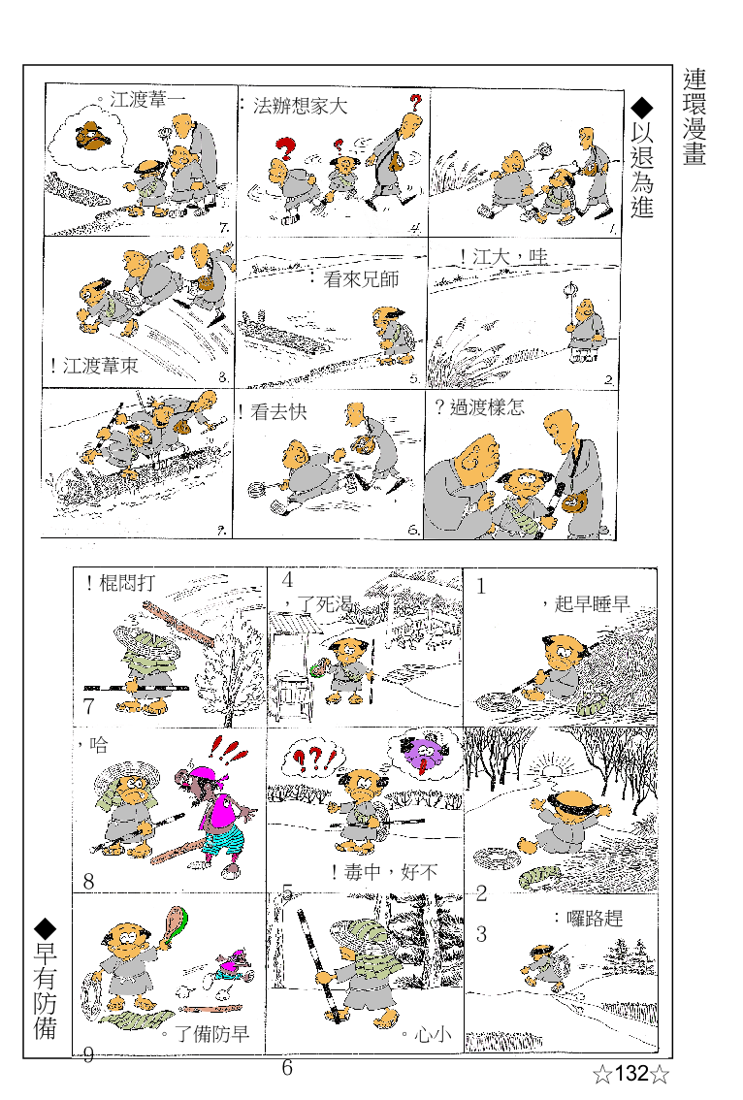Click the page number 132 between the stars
click(x=630, y=1074)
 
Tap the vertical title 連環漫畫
click(x=695, y=116)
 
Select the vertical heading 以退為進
click(x=642, y=171)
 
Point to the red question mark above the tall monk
click(x=416, y=101)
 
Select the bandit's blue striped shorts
click(x=220, y=839)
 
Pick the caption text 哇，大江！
click(x=503, y=257)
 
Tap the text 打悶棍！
click(x=119, y=583)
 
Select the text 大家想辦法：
click(x=293, y=107)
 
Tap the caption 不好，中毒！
click(x=384, y=872)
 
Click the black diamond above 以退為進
click(x=642, y=107)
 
